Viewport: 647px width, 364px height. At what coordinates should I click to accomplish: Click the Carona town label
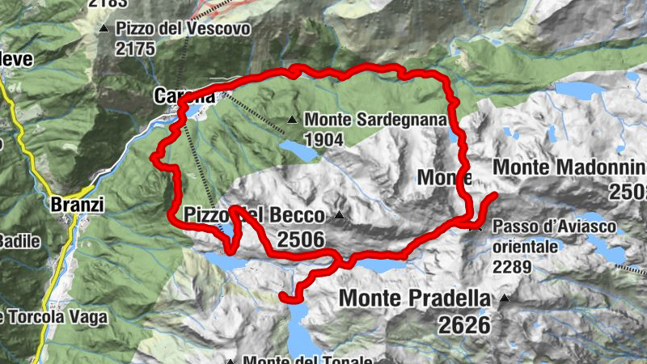coord(184,96)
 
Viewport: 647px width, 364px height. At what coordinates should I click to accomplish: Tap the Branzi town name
coord(78,205)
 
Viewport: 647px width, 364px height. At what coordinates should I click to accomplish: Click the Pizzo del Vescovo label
coord(184,28)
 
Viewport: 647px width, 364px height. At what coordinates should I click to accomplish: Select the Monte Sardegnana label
coord(376,120)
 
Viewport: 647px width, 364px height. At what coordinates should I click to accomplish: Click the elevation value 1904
coord(324,139)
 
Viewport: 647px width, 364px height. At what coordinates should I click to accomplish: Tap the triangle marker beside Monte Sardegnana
coord(292,120)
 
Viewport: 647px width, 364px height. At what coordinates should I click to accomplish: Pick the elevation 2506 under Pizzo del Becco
coord(301,239)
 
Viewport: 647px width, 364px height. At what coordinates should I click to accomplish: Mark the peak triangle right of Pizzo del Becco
coord(340,215)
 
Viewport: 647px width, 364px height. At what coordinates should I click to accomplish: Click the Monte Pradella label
coord(415,298)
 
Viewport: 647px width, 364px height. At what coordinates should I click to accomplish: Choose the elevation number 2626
coord(466,325)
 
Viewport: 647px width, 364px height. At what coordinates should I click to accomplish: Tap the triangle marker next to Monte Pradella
coord(505,298)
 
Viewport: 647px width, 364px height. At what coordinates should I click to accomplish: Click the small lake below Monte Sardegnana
coord(293,147)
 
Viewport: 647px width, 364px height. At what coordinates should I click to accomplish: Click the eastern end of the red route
coord(494,195)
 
